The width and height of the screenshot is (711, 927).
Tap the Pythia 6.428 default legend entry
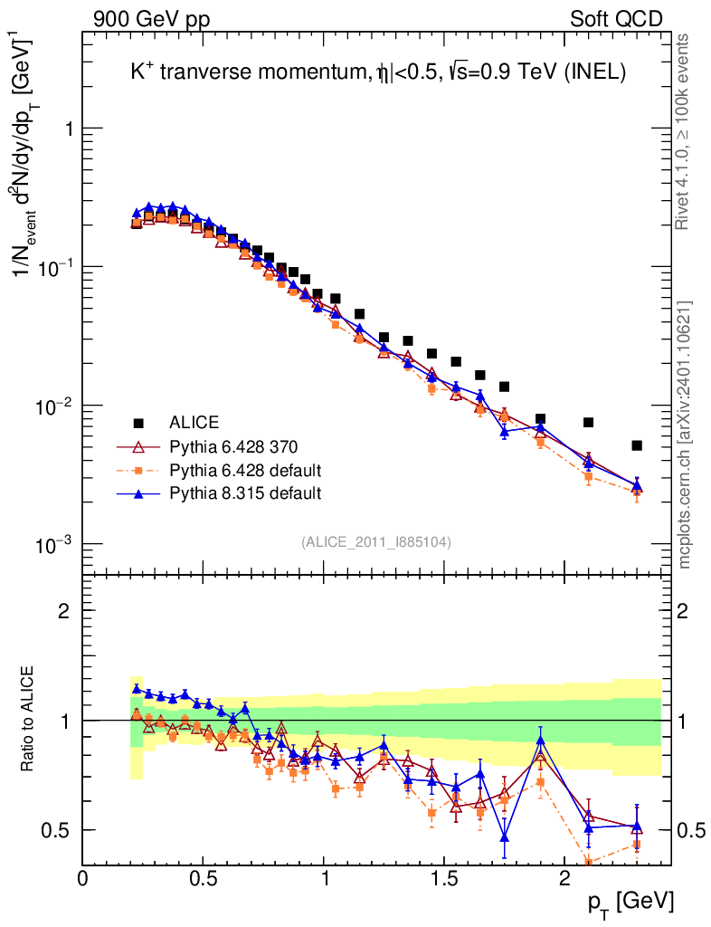pyautogui.click(x=245, y=470)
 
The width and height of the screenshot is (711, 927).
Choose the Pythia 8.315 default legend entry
pyautogui.click(x=245, y=493)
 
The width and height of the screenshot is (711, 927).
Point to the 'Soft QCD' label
pyautogui.click(x=616, y=18)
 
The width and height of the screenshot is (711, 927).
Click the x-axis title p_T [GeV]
pyautogui.click(x=630, y=902)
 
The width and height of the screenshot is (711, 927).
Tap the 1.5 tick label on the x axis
pyautogui.click(x=444, y=878)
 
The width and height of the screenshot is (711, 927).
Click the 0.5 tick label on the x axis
pyautogui.click(x=204, y=878)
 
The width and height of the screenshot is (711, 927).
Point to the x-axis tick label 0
pyautogui.click(x=83, y=878)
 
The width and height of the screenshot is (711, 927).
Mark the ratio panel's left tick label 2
pyautogui.click(x=65, y=610)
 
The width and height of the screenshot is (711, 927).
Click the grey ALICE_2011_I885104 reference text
pyautogui.click(x=376, y=541)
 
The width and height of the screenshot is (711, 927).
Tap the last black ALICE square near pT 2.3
pyautogui.click(x=637, y=445)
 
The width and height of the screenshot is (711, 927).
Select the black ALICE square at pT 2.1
pyautogui.click(x=588, y=422)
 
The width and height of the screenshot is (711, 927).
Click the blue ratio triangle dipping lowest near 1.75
pyautogui.click(x=504, y=836)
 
